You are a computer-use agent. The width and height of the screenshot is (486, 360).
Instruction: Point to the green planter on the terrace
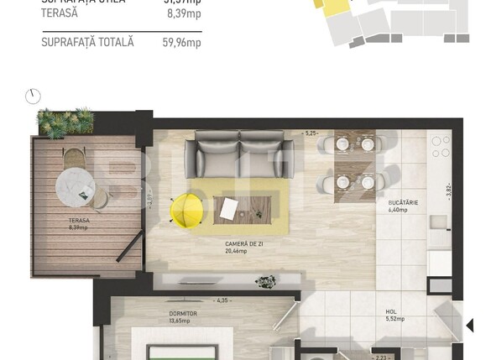pos(65,123)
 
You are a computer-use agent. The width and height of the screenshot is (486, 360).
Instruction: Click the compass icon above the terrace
pos(33,97)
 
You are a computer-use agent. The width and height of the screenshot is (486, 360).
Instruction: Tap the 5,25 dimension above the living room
pos(311,133)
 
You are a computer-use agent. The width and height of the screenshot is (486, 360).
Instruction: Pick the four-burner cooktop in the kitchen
pos(441,148)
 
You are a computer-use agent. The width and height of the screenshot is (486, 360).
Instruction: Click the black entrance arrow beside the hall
pos(468,325)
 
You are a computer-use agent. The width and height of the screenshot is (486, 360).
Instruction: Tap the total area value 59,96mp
pos(181,42)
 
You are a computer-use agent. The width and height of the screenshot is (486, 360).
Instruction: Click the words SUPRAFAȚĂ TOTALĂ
pos(87,42)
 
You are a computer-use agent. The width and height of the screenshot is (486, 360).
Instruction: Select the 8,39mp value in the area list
pos(184,14)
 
